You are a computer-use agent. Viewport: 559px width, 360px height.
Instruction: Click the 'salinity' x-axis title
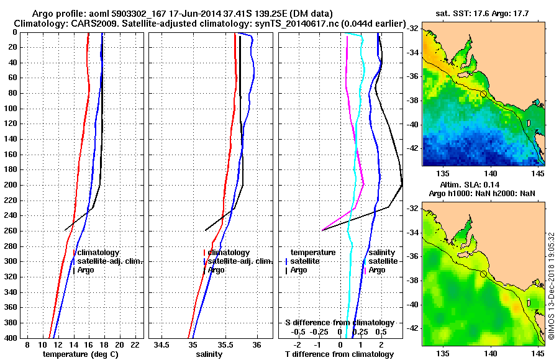pyautogui.click(x=209, y=354)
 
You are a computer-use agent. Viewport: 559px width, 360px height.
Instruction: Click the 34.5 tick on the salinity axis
pyautogui.click(x=163, y=344)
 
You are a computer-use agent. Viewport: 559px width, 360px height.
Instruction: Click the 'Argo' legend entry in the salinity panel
pyautogui.click(x=217, y=270)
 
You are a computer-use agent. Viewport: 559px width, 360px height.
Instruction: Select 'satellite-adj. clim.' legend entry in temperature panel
pyautogui.click(x=109, y=261)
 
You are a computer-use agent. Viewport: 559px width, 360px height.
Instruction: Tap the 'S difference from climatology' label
pyautogui.click(x=339, y=323)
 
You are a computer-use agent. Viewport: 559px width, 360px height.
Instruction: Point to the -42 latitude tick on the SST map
pyautogui.click(x=412, y=148)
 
